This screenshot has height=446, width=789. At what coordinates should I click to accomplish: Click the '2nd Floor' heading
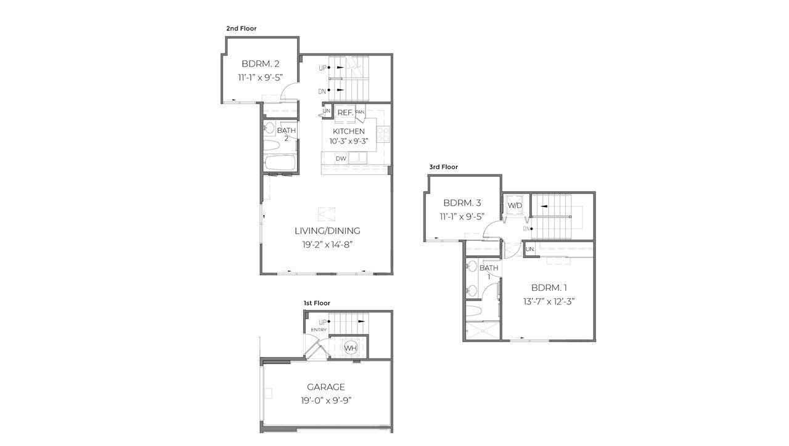point(241,28)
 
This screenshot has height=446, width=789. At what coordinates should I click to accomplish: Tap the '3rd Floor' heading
point(444,167)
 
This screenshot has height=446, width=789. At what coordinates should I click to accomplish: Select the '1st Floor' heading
point(317,303)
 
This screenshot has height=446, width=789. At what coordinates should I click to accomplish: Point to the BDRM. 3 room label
point(462,203)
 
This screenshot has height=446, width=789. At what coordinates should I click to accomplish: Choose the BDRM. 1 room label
point(549,288)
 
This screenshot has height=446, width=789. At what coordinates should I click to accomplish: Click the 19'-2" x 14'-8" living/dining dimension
point(327,245)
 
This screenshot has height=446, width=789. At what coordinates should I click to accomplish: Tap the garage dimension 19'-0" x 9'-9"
point(326,400)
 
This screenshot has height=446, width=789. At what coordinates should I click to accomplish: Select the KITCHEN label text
point(348,131)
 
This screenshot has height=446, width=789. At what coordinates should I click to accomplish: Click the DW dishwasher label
point(341,159)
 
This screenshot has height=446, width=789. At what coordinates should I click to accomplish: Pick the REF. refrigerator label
point(345,113)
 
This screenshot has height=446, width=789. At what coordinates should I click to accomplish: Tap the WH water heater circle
point(350,349)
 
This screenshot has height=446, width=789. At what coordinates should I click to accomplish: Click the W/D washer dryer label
point(514,205)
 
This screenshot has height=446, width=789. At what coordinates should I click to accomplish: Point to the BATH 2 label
point(286,134)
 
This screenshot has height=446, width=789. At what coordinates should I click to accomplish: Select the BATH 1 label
point(488,272)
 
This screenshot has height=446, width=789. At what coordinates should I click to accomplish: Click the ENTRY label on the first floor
point(319,330)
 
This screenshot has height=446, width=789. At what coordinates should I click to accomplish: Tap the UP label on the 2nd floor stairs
point(322,68)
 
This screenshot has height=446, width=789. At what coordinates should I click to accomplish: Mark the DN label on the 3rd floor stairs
point(526,229)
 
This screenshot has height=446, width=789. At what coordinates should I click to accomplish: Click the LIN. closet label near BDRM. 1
point(529,249)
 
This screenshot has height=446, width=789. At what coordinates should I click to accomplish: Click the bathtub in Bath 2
point(280,164)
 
